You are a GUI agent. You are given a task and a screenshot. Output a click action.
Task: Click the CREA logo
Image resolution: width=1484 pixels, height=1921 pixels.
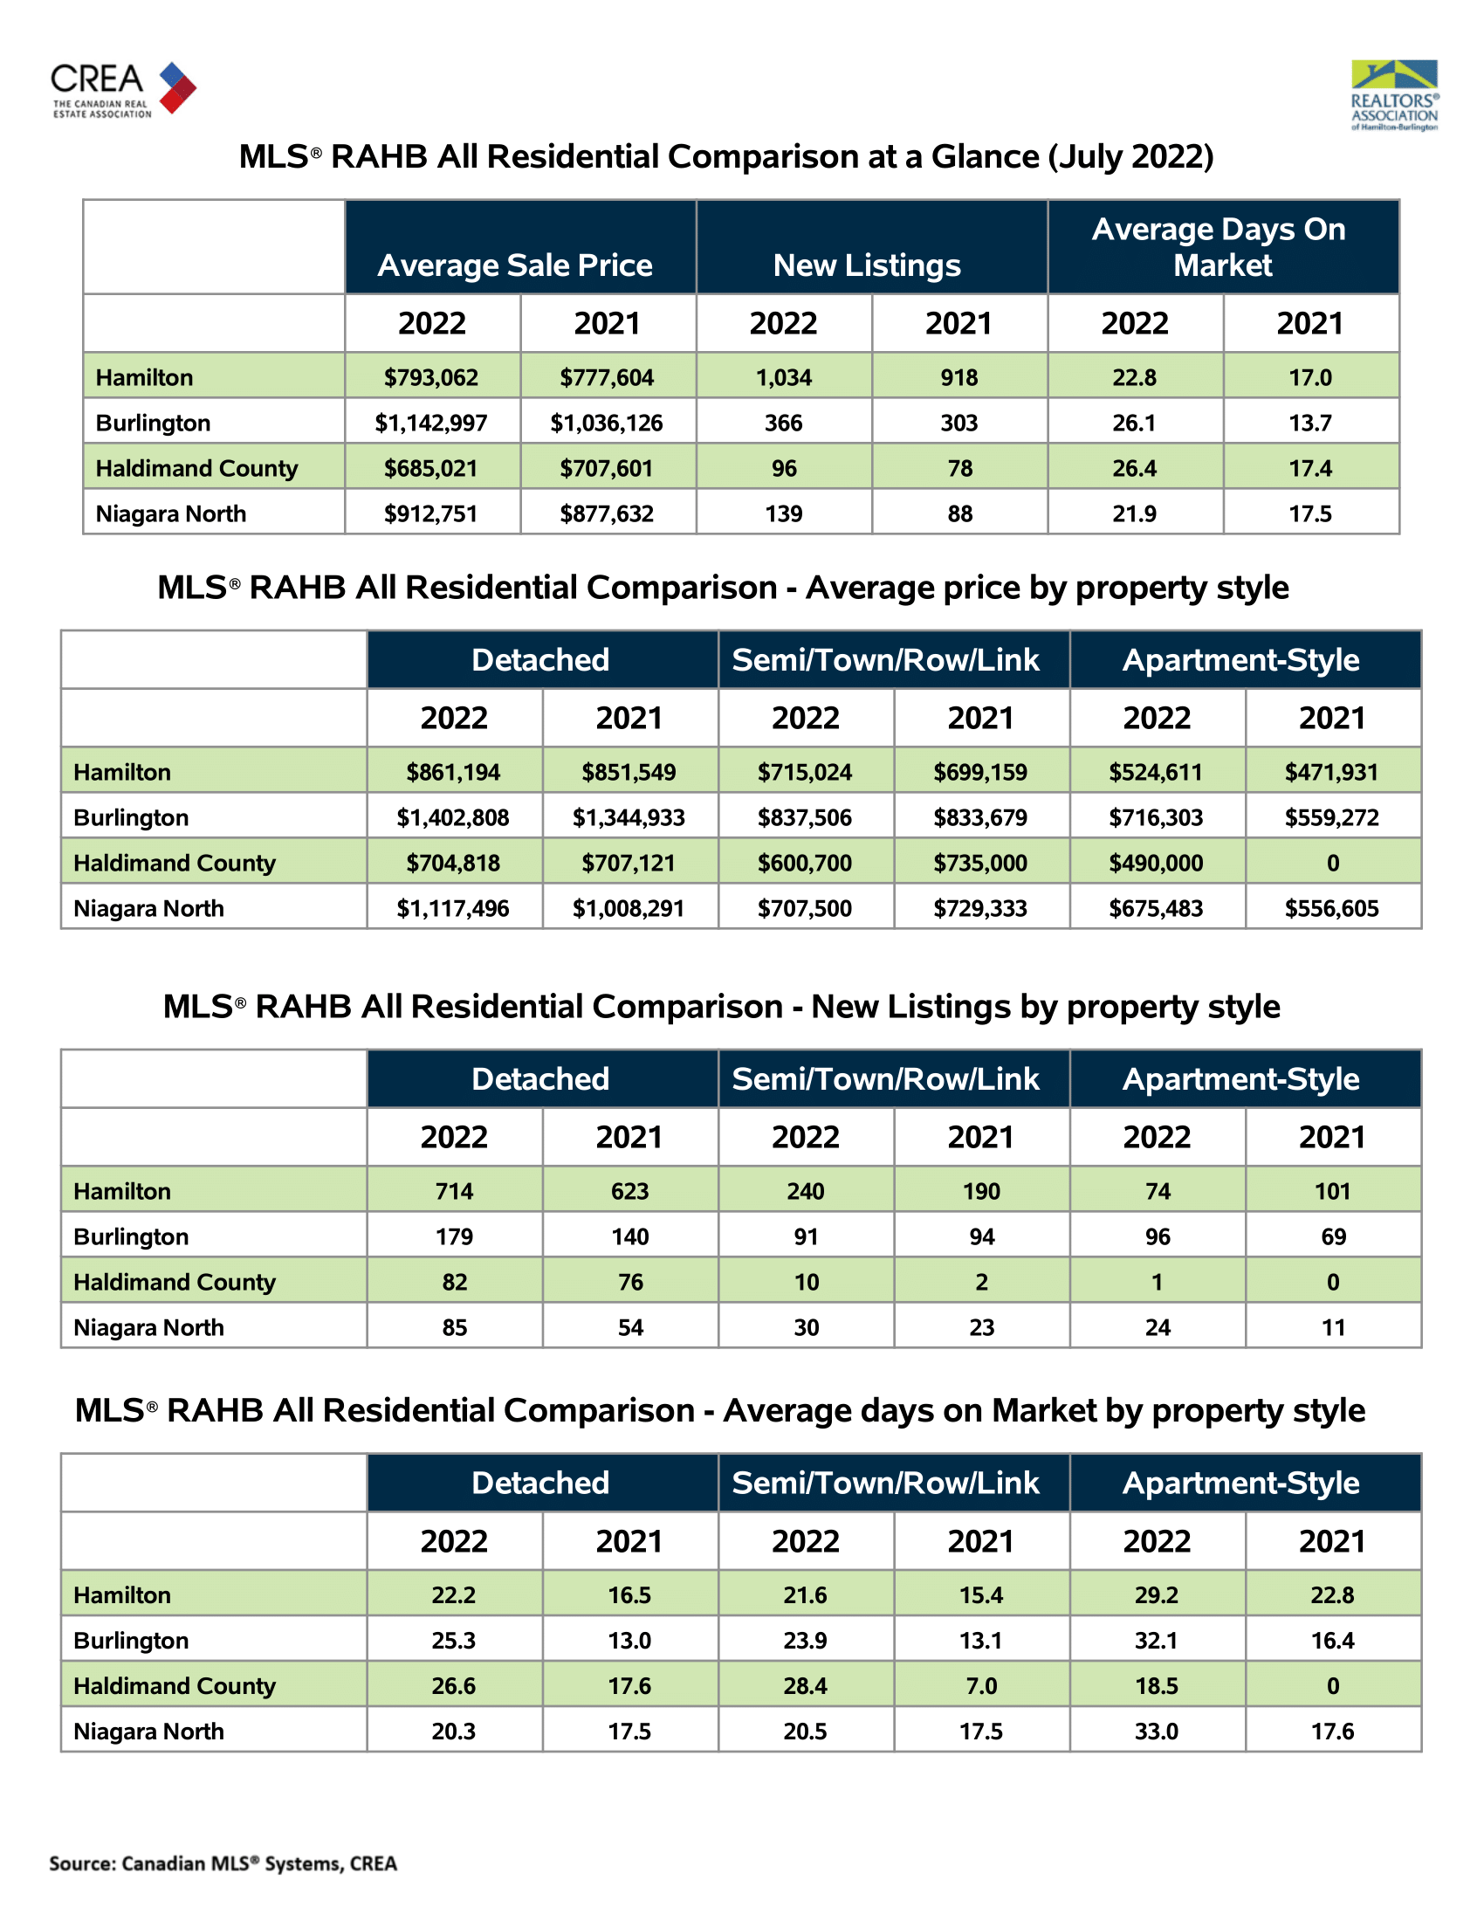pyautogui.click(x=123, y=89)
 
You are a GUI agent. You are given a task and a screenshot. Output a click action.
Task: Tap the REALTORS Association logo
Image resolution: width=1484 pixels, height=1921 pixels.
pyautogui.click(x=1393, y=95)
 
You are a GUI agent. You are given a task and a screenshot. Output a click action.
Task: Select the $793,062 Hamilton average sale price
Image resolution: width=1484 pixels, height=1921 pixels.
pyautogui.click(x=430, y=377)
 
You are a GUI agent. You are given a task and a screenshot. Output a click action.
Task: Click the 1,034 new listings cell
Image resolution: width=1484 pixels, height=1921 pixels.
pyautogui.click(x=783, y=377)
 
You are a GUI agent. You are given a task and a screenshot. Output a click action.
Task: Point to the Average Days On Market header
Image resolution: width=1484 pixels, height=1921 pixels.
pyautogui.click(x=1222, y=247)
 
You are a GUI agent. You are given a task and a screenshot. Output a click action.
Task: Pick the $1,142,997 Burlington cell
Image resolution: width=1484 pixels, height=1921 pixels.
pyautogui.click(x=430, y=423)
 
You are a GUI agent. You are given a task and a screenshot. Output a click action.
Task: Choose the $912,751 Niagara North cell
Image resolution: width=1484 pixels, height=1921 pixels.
pyautogui.click(x=430, y=513)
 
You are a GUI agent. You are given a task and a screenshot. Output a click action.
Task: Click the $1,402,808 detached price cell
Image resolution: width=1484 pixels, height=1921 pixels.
pyautogui.click(x=453, y=817)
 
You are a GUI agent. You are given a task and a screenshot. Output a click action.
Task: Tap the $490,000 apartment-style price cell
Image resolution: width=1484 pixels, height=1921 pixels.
pyautogui.click(x=1156, y=863)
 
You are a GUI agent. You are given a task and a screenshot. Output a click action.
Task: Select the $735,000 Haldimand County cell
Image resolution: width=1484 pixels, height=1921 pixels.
pyautogui.click(x=980, y=863)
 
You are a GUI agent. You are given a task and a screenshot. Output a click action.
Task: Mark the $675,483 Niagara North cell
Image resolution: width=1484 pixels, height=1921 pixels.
pyautogui.click(x=1156, y=909)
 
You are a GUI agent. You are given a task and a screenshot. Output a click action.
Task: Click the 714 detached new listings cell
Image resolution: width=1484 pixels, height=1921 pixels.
pyautogui.click(x=454, y=1191)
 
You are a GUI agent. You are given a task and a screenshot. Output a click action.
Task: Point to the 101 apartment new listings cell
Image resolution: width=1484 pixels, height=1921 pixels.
pyautogui.click(x=1333, y=1191)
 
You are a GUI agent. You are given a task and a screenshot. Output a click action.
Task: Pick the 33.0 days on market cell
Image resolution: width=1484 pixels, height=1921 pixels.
pyautogui.click(x=1156, y=1731)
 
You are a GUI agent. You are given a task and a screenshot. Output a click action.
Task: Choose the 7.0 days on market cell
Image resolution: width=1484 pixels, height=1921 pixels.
pyautogui.click(x=981, y=1685)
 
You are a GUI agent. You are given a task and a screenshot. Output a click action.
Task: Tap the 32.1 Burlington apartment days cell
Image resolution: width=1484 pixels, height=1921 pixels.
pyautogui.click(x=1156, y=1641)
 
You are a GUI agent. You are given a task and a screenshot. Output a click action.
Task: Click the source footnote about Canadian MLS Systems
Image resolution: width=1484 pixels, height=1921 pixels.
pyautogui.click(x=223, y=1863)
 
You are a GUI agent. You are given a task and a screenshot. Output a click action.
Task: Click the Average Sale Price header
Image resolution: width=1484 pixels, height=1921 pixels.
pyautogui.click(x=515, y=265)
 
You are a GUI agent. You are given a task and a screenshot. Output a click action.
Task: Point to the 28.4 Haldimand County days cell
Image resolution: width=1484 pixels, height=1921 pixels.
pyautogui.click(x=806, y=1685)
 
